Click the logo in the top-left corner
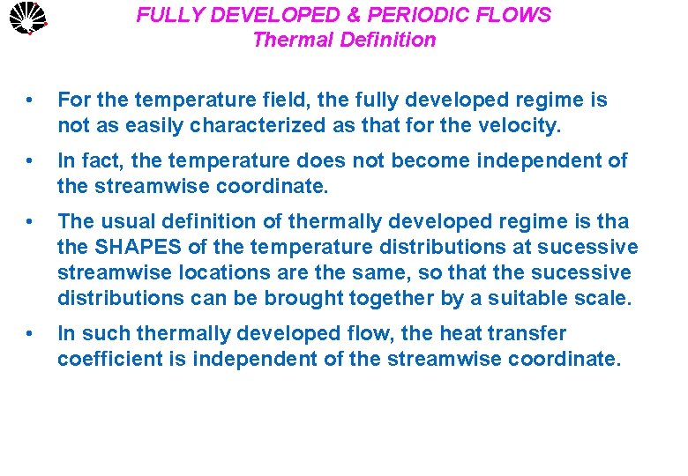(x=25, y=17)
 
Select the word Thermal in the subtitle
(x=284, y=40)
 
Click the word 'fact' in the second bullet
(x=99, y=161)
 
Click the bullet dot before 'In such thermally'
(x=32, y=334)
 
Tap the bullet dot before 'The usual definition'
(x=32, y=222)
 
